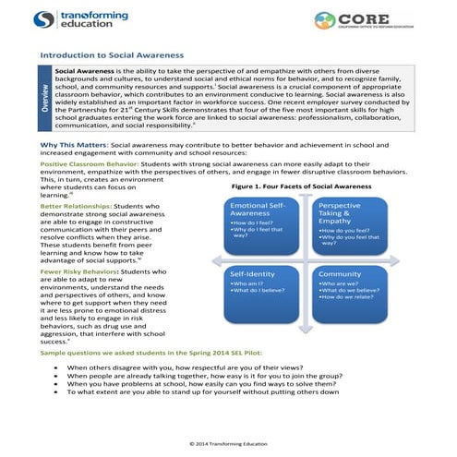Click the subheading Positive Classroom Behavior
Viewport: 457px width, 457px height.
coord(91,162)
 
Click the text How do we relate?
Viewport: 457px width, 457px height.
coord(343,298)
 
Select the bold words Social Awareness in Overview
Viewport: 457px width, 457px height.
coord(83,70)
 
